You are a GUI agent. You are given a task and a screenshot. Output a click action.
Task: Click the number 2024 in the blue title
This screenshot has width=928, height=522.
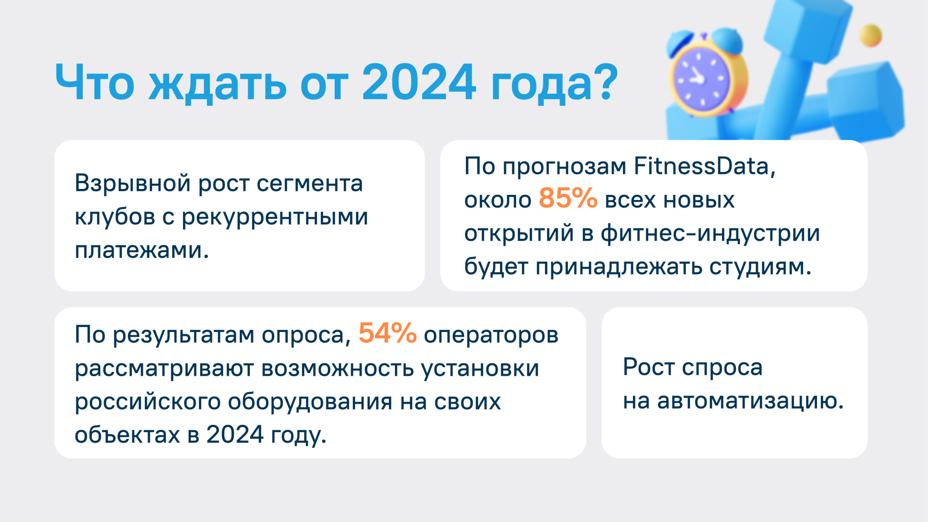[419, 82]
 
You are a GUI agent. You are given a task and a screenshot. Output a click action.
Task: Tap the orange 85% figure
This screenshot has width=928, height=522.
[568, 198]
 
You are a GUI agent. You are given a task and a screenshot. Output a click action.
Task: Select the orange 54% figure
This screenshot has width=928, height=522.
[388, 333]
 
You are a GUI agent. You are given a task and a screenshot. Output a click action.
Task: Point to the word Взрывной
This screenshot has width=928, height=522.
[133, 183]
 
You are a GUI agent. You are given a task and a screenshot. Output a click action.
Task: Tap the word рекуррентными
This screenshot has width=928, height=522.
[275, 217]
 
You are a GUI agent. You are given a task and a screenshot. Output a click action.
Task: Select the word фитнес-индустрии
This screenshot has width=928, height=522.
[710, 234]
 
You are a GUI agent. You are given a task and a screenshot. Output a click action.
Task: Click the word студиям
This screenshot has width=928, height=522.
[761, 267]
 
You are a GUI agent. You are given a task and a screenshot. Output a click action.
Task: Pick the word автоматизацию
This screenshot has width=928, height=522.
[751, 401]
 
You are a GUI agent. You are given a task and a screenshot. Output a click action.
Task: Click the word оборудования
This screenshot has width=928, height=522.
[310, 401]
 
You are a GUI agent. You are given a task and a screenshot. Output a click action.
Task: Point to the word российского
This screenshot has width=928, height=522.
[148, 401]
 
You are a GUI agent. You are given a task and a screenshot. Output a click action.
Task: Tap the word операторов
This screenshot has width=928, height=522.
[491, 336]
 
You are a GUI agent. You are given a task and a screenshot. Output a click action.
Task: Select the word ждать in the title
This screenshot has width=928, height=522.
[217, 85]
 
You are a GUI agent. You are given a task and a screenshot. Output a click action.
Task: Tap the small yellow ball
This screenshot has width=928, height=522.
[870, 36]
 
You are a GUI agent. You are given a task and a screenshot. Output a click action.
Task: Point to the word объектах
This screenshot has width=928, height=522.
[127, 435]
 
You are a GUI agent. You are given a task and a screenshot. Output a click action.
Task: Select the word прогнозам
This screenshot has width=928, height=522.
[564, 167]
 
